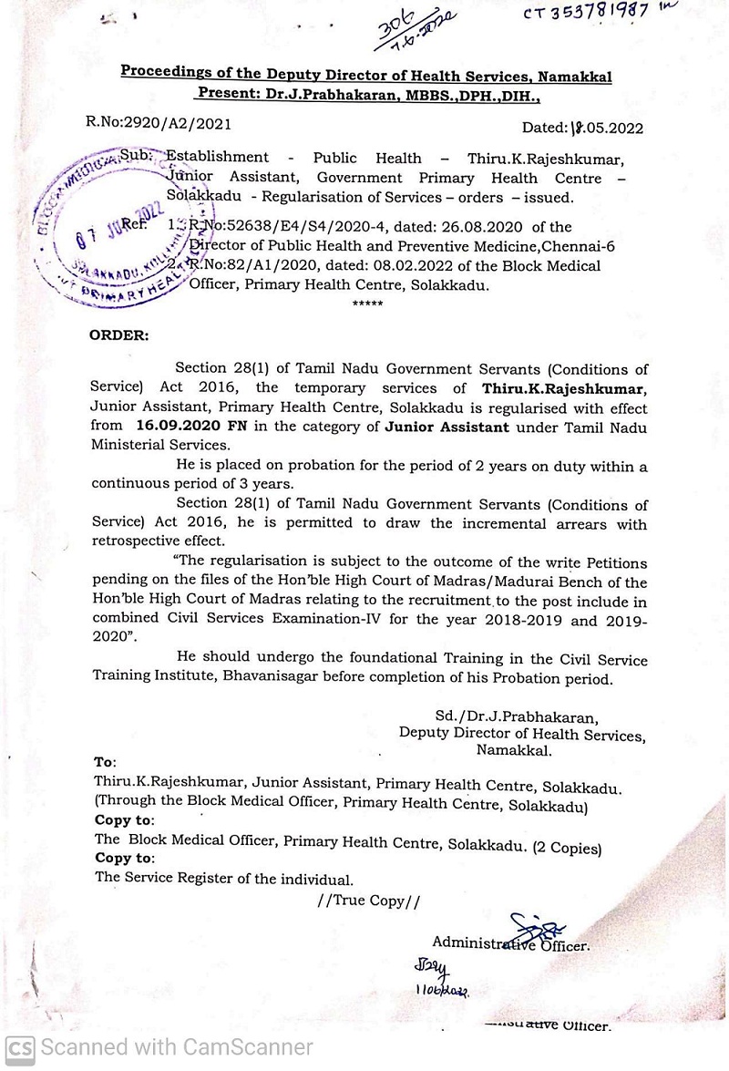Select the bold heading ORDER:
(118, 335)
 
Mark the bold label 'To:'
(105, 761)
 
